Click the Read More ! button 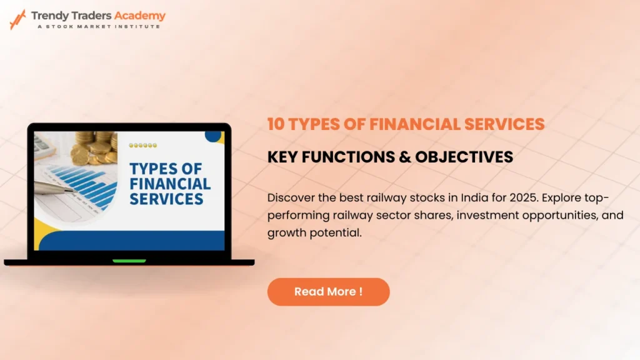point(329,292)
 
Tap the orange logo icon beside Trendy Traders point(17,19)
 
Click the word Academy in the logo point(139,16)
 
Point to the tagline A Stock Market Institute point(99,26)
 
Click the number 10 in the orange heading point(276,124)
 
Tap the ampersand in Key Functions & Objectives point(405,157)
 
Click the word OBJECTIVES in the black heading point(464,157)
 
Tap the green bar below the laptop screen point(129,261)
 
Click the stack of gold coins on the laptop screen point(94,147)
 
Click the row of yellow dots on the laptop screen point(143,145)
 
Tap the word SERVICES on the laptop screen point(166,199)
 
